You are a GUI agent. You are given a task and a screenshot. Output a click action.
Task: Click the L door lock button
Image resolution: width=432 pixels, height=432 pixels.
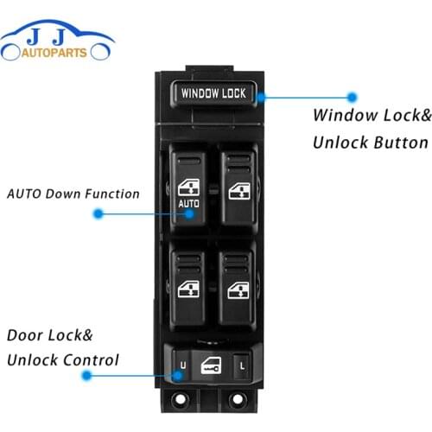[x=244, y=367]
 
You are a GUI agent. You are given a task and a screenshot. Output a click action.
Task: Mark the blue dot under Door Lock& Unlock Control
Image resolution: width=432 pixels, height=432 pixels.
[x=86, y=376]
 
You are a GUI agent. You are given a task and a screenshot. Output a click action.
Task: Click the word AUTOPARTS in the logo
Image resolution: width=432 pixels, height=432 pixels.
[x=57, y=52]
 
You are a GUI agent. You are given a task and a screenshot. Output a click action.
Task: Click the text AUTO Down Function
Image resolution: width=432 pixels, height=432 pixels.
[x=73, y=194]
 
